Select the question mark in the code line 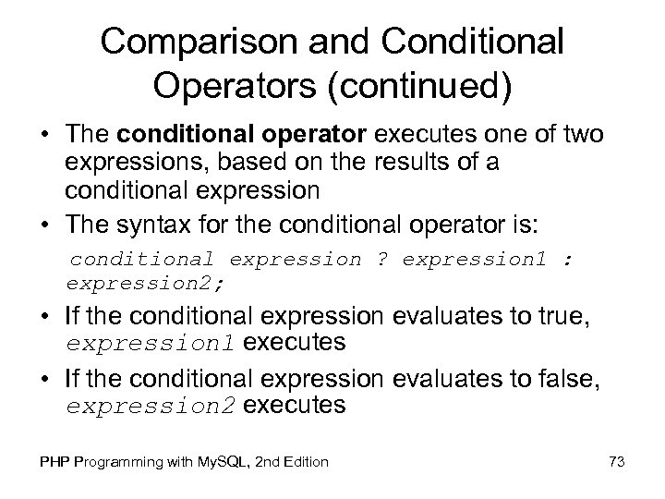click(382, 259)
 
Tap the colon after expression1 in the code click(566, 259)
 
